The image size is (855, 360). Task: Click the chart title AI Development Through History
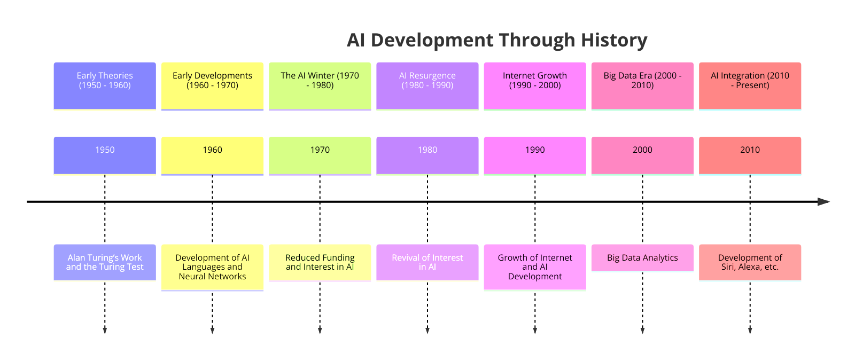coord(497,41)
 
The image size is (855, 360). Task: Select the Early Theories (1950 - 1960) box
coord(105,86)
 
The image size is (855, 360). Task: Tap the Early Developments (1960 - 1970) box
coord(212,86)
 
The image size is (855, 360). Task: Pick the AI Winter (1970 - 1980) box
coord(320,86)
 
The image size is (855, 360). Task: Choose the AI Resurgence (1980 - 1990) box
coord(428,86)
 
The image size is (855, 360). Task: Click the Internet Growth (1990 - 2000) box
coord(535,86)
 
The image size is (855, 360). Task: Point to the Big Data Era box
coord(642,86)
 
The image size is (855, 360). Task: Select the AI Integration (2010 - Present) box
coord(750,86)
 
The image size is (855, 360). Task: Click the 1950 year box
coord(105,155)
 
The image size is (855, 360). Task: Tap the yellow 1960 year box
coord(212,155)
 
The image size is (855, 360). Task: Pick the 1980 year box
coord(428,155)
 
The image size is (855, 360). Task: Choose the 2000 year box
coord(642,155)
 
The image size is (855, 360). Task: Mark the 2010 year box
coord(750,155)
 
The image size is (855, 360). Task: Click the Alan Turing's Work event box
coord(105,262)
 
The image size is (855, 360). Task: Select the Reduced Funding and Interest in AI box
coord(320,262)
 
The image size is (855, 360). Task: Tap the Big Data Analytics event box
coord(642,257)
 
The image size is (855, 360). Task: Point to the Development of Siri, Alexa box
coord(750,262)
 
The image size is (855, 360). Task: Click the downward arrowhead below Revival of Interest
coord(428,331)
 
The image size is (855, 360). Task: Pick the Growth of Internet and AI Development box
coord(535,267)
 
